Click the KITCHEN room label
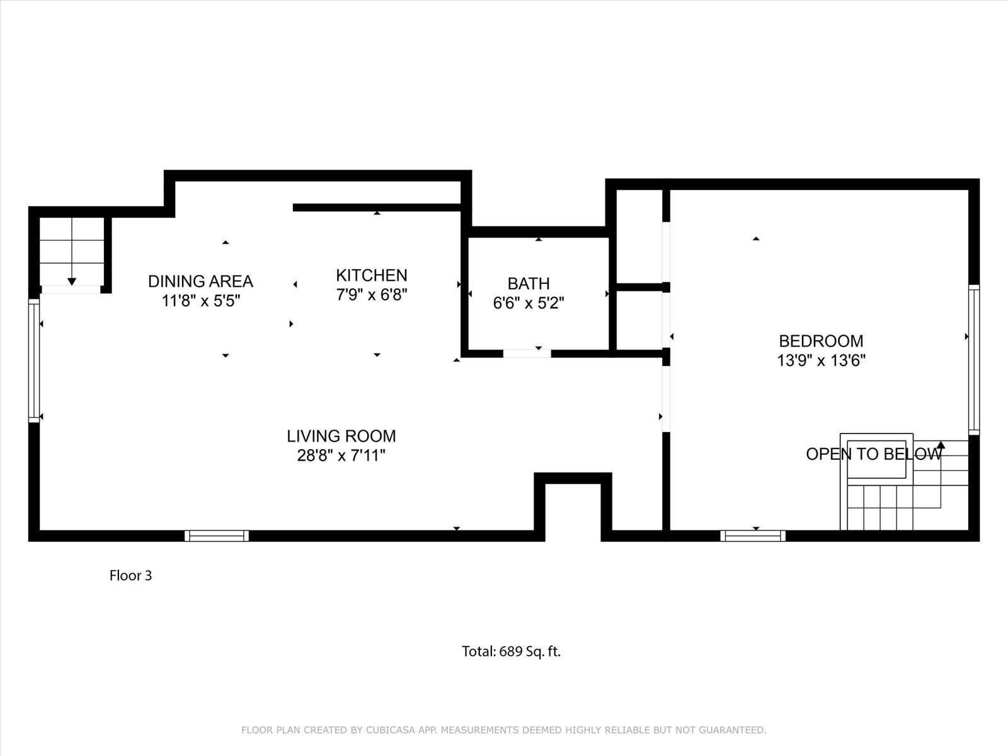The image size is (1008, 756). coord(372,275)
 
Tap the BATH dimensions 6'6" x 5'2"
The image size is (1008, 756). coord(529,303)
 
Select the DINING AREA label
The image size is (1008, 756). coord(201,282)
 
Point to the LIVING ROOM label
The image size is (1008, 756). coord(341,436)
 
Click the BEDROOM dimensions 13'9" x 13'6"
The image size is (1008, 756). coord(821,360)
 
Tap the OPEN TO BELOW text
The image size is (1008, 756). coord(874,454)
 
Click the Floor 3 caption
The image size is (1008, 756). coord(130,576)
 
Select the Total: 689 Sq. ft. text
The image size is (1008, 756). coord(511,651)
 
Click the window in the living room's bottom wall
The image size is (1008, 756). coord(217,535)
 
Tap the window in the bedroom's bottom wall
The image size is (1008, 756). coord(753,535)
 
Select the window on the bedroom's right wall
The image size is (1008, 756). coord(974,359)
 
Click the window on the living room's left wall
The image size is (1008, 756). coord(34,360)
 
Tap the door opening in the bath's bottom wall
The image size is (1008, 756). coord(527,353)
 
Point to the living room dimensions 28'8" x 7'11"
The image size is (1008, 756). coord(341,455)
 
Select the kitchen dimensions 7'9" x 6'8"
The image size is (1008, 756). coord(372,295)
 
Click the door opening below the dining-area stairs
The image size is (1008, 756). coord(71,290)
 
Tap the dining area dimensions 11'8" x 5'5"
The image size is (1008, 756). coord(201,301)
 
